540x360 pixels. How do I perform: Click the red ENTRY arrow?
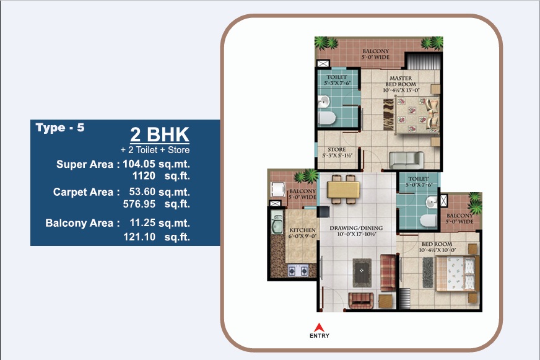pos(320,327)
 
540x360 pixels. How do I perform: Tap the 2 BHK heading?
pos(160,134)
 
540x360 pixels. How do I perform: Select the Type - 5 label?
pos(60,128)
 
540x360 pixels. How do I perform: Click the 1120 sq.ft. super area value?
pos(161,176)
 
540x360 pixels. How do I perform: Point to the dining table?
pos(344,190)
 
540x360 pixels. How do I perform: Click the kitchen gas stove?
pos(298,270)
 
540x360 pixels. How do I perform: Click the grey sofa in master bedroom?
pos(406,160)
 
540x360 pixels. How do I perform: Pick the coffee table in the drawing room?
pos(362,273)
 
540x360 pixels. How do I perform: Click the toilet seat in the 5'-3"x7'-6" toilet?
pos(327,118)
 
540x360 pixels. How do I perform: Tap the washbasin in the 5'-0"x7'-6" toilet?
pos(432,202)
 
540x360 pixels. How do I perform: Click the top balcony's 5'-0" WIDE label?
pos(375,57)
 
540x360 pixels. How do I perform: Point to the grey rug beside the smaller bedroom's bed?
pos(428,273)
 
